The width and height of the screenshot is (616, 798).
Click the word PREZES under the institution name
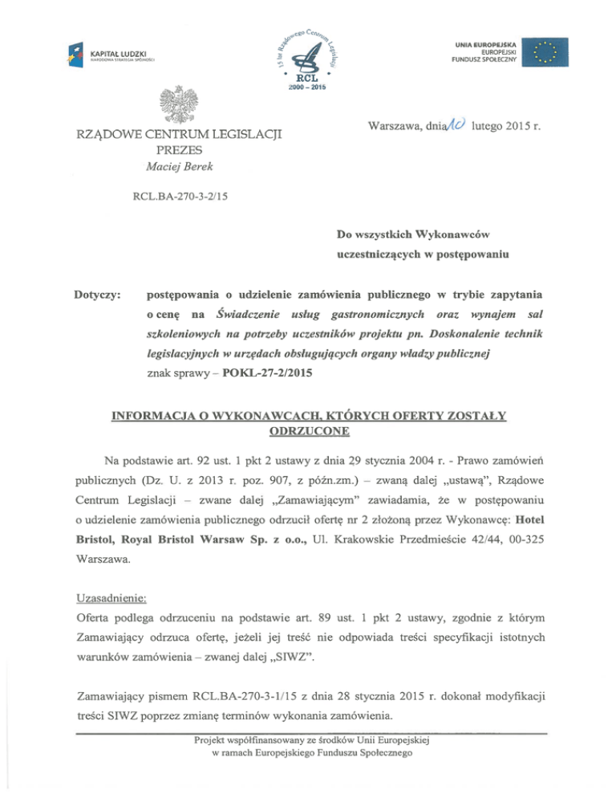(x=179, y=149)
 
